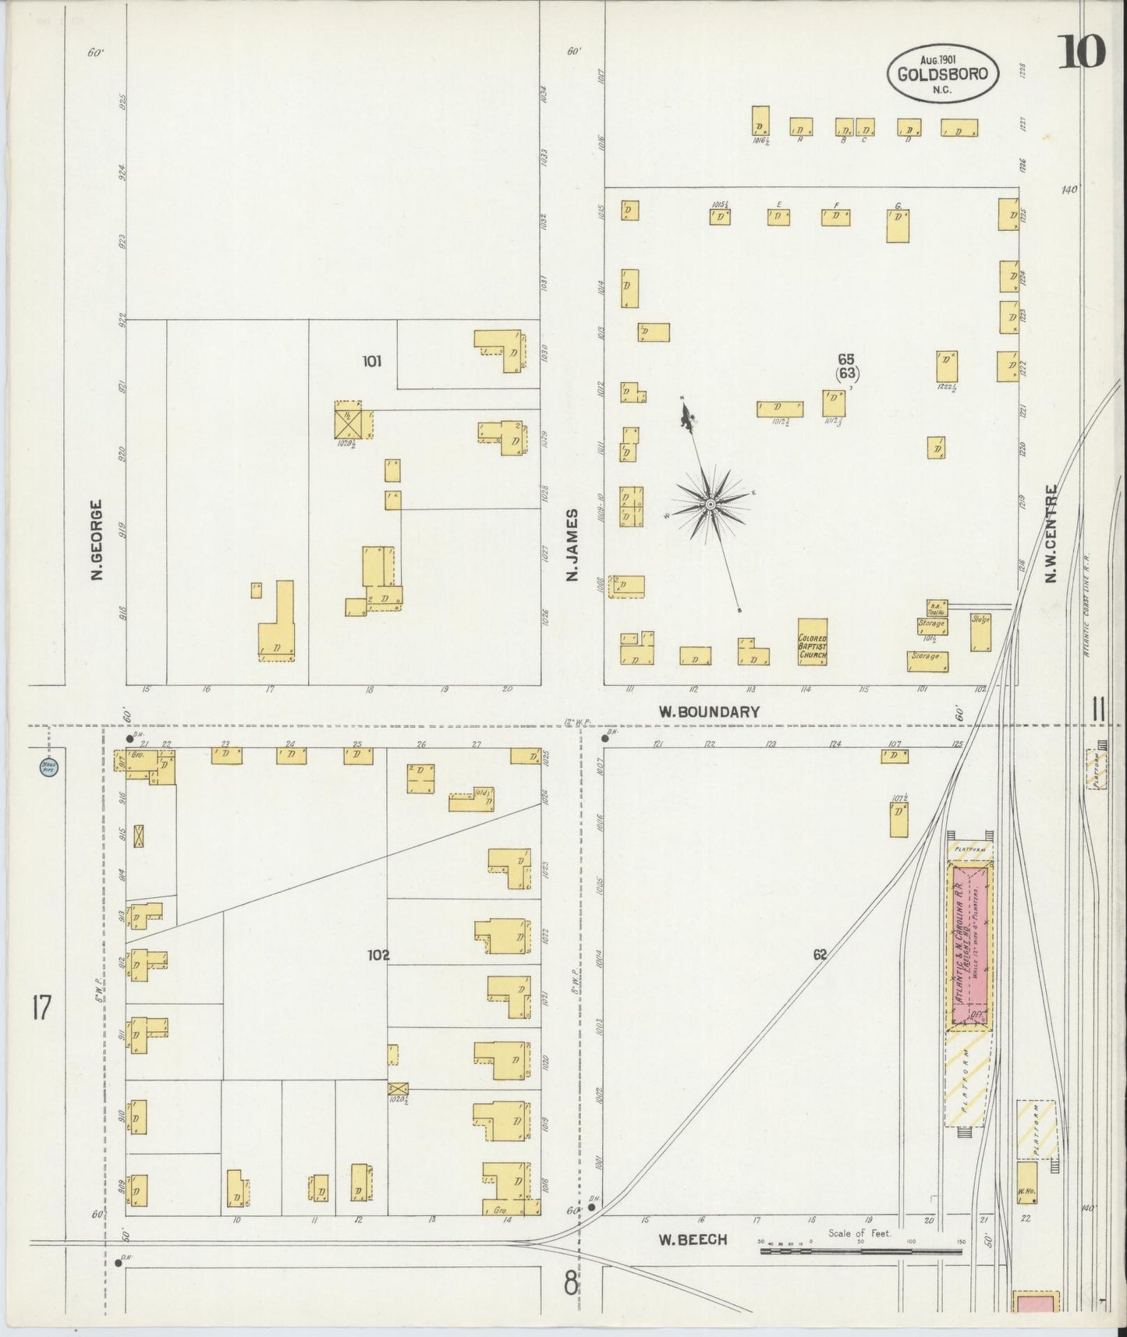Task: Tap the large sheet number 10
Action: click(x=1083, y=52)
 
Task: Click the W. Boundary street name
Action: click(x=709, y=711)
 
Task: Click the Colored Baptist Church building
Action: click(x=812, y=642)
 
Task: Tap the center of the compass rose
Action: click(x=711, y=505)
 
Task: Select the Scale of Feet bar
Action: click(x=860, y=1250)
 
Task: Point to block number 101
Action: click(x=372, y=361)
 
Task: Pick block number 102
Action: click(x=379, y=955)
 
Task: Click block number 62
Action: click(x=819, y=953)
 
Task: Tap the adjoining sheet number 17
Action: click(x=41, y=1008)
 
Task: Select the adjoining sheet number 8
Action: click(x=572, y=1282)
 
